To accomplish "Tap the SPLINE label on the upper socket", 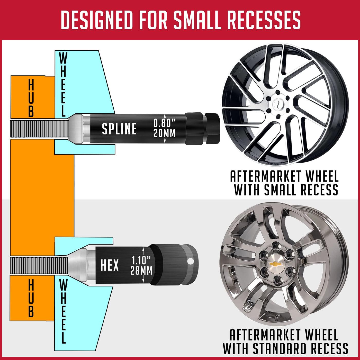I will pyautogui.click(x=119, y=129).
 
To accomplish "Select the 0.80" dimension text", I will pyautogui.click(x=164, y=123).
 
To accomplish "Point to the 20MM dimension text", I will pyautogui.click(x=164, y=133).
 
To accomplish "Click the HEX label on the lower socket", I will pyautogui.click(x=110, y=265).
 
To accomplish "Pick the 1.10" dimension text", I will pyautogui.click(x=141, y=260).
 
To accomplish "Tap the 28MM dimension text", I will pyautogui.click(x=141, y=271).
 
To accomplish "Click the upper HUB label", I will pyautogui.click(x=31, y=98).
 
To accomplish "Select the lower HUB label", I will pyautogui.click(x=31, y=299).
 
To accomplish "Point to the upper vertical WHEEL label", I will pyautogui.click(x=63, y=85).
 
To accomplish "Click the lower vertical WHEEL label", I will pyautogui.click(x=63, y=311).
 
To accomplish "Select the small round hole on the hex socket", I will pyautogui.click(x=190, y=261).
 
